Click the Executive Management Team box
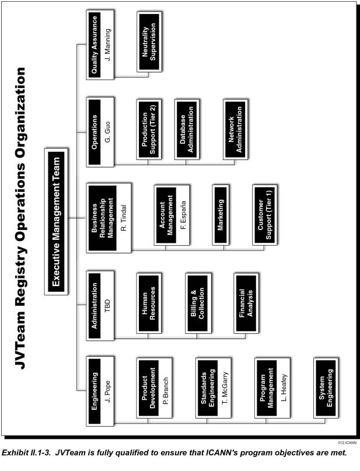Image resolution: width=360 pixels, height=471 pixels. tap(56, 221)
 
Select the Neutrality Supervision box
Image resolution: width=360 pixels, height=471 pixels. tap(149, 42)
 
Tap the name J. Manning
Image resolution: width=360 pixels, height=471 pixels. tap(108, 44)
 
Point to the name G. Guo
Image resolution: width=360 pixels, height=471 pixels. tap(108, 131)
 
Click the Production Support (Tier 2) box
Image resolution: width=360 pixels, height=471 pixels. tap(149, 130)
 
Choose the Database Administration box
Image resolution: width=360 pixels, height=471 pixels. tap(187, 130)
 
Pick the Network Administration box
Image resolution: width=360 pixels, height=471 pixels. tap(235, 130)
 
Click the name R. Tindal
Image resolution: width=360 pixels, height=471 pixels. tap(123, 218)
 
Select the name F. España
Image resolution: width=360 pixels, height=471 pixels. tap(183, 215)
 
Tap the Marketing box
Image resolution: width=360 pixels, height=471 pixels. tap(221, 215)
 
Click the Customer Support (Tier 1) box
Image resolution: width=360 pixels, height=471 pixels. tap(265, 215)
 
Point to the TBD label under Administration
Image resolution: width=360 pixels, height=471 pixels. tap(107, 305)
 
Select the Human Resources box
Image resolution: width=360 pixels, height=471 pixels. tap(149, 303)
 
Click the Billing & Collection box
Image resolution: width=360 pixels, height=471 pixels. tap(198, 303)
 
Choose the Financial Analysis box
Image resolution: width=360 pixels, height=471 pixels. tap(246, 303)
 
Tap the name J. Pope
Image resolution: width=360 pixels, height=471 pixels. tap(107, 391)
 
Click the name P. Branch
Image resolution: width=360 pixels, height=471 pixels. tap(166, 390)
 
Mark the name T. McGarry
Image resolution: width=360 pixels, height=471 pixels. tap(225, 388)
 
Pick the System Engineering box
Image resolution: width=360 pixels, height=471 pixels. tap(326, 388)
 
